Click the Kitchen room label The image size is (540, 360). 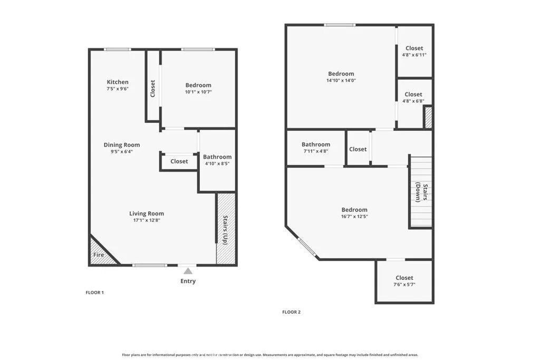point(118,82)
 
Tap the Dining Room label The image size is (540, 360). point(121,145)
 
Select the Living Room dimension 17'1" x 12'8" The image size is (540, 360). point(147,220)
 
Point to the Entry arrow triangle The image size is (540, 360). point(188,271)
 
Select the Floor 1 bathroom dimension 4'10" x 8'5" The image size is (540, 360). point(217,164)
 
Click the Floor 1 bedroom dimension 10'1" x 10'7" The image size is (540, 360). point(198,92)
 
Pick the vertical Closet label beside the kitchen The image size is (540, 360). point(153,88)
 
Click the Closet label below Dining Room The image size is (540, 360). point(179,161)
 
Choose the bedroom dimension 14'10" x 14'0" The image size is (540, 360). point(341,81)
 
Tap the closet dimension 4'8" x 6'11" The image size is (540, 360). point(414,55)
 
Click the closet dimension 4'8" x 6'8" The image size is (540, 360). point(413,101)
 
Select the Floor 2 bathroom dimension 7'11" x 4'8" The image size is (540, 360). point(316,151)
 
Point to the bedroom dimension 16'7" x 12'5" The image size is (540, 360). point(354,217)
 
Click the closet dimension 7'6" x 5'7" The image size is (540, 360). point(404,285)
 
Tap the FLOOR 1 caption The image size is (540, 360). point(95,293)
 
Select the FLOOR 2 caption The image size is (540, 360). point(291,312)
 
